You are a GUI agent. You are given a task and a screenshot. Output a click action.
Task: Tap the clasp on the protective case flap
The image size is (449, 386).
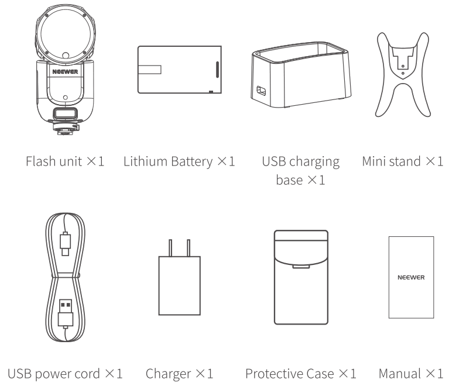pyautogui.click(x=300, y=268)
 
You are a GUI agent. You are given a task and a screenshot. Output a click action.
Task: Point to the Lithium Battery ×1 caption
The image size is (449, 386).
pyautogui.click(x=179, y=161)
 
